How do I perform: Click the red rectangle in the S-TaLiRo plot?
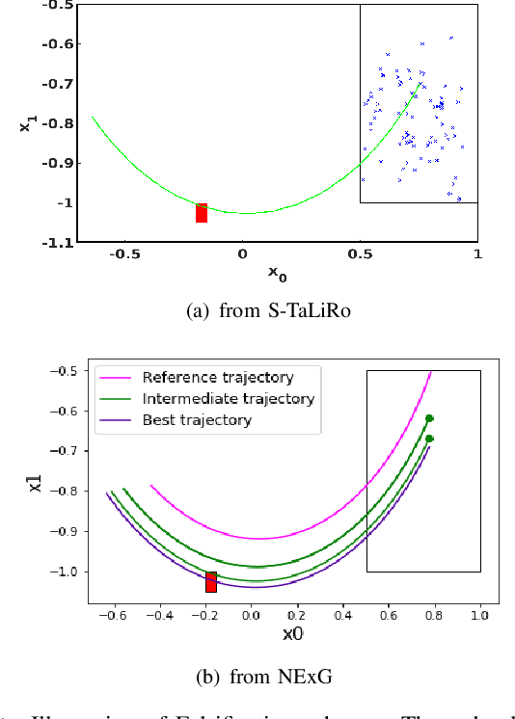pyautogui.click(x=201, y=213)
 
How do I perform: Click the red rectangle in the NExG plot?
pyautogui.click(x=211, y=581)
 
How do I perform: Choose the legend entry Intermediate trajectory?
pyautogui.click(x=228, y=398)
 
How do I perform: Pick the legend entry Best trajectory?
pyautogui.click(x=197, y=419)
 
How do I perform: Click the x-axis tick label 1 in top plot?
pyautogui.click(x=476, y=254)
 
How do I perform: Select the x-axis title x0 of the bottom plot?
pyautogui.click(x=292, y=634)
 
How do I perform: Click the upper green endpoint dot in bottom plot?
pyautogui.click(x=429, y=418)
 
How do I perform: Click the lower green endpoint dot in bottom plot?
pyautogui.click(x=429, y=439)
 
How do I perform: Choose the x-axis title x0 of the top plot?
pyautogui.click(x=277, y=275)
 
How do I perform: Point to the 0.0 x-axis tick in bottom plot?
pyautogui.click(x=252, y=613)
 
